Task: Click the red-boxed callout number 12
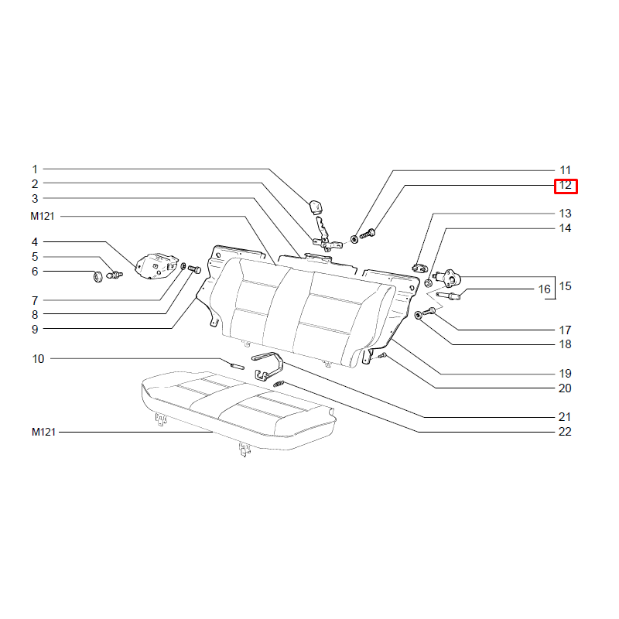pos(566,185)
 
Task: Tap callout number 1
pos(35,169)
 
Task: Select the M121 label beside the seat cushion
pos(43,432)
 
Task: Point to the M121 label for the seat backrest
pos(43,217)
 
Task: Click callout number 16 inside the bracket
pos(544,289)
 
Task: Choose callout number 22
pos(565,432)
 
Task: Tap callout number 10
pos(38,359)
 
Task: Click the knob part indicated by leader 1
pos(315,206)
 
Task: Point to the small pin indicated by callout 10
pos(238,365)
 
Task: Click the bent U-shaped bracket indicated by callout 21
pos(268,367)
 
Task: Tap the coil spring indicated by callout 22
pos(279,384)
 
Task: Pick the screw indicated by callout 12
pos(367,234)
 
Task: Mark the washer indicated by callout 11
pos(354,239)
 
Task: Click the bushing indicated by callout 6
pos(97,276)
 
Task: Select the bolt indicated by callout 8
pos(195,269)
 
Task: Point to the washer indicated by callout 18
pos(418,315)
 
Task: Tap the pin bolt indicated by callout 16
pos(448,296)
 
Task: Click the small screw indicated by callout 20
pos(381,356)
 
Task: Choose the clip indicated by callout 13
pos(419,268)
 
